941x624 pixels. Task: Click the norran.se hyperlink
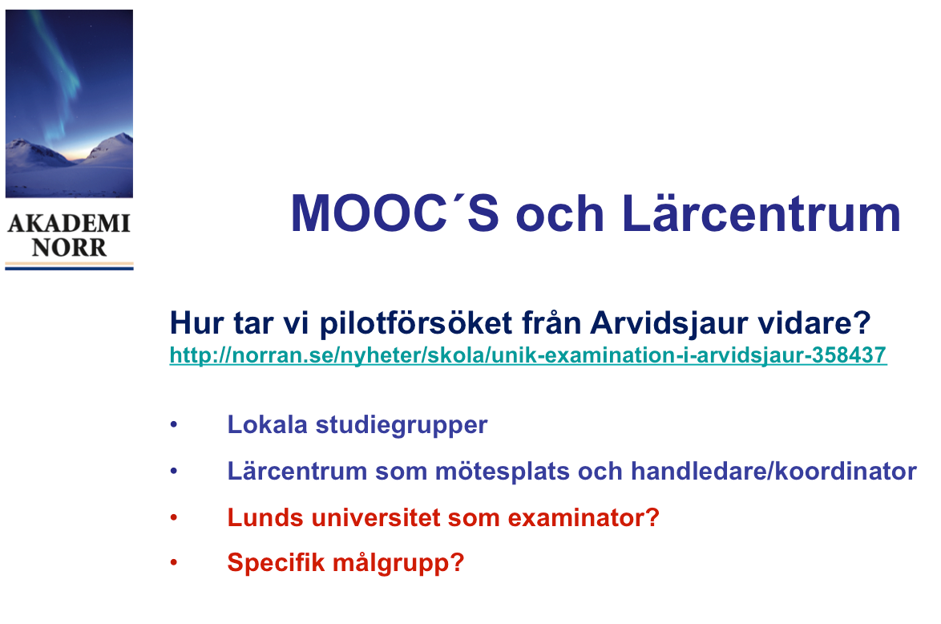[528, 355]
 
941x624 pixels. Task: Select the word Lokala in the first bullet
[267, 424]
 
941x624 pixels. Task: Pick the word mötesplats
[503, 472]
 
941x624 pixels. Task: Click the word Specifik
[276, 563]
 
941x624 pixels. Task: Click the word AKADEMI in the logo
[69, 224]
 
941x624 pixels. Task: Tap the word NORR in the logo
[69, 248]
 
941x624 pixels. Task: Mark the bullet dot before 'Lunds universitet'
[174, 517]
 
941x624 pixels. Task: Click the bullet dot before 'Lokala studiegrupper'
[174, 424]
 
